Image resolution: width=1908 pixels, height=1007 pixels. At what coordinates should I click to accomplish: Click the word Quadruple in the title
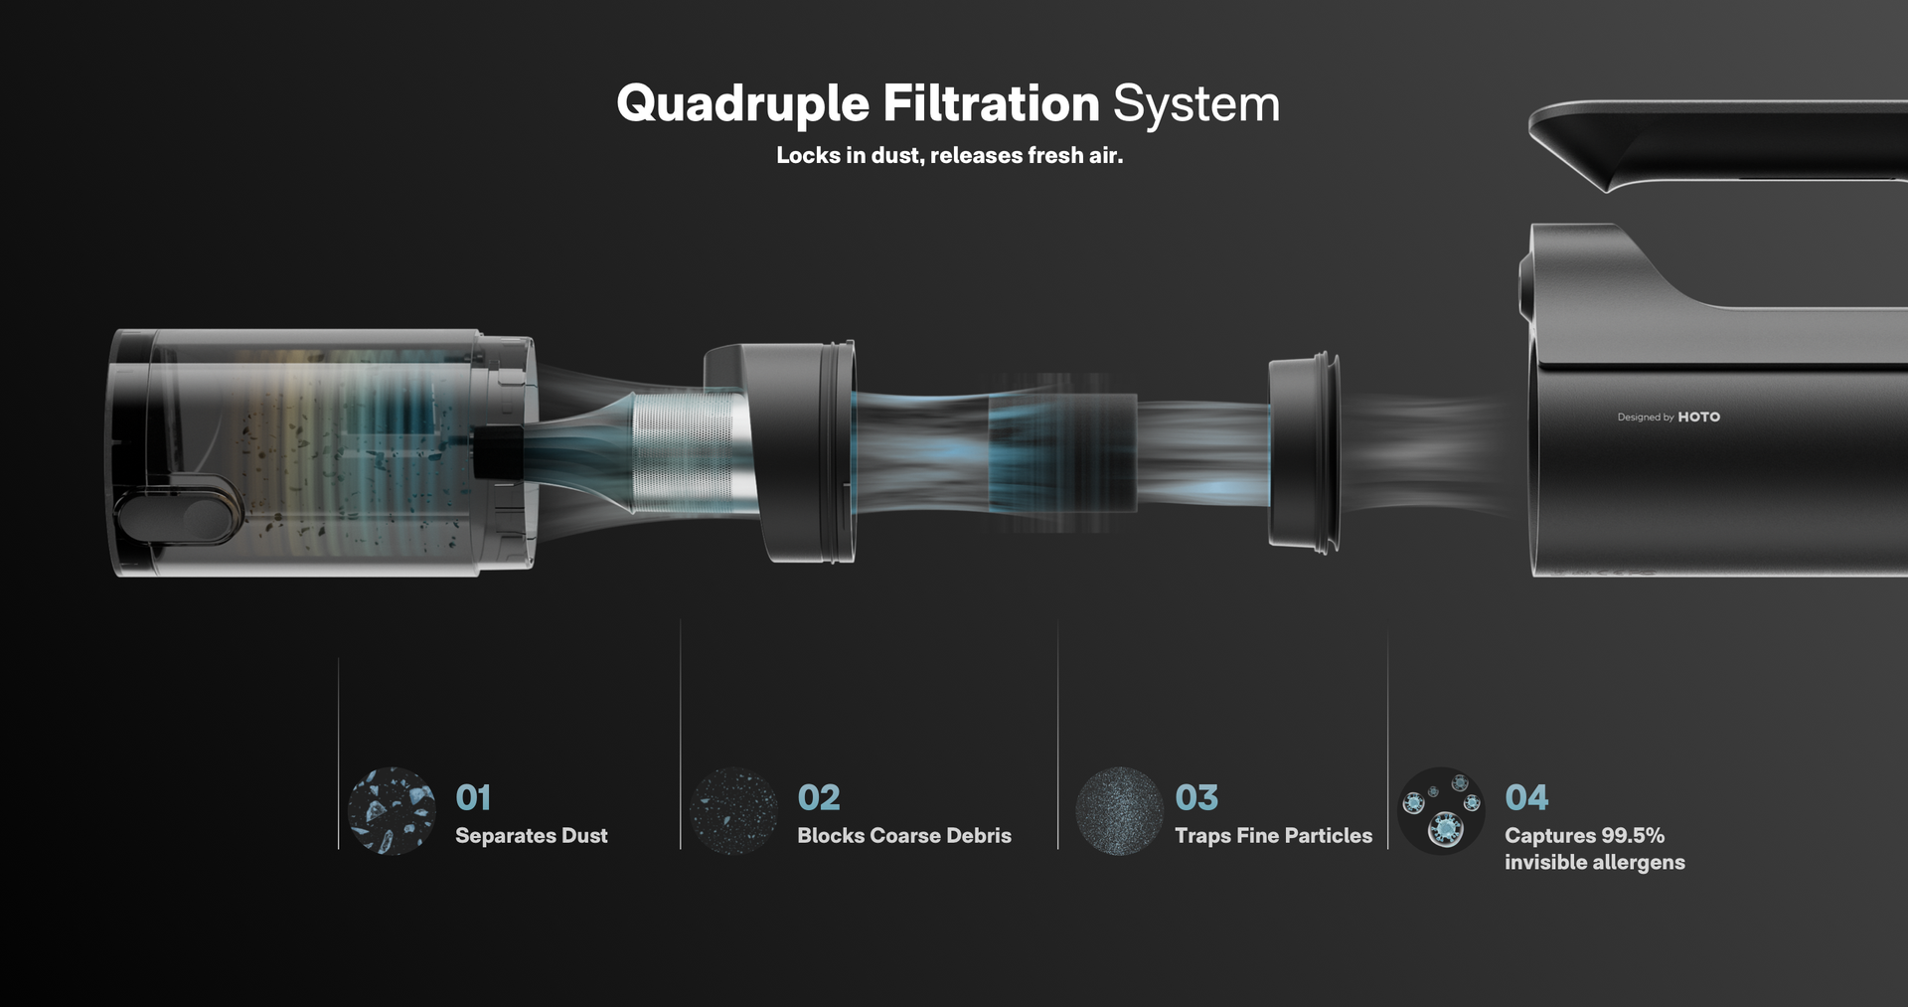[x=742, y=104]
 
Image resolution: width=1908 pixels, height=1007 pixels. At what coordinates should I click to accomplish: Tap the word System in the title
[x=1195, y=104]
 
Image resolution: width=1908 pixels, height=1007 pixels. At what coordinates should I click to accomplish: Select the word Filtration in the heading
[x=991, y=104]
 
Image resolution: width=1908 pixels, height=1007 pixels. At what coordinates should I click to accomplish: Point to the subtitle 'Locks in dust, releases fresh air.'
[x=949, y=156]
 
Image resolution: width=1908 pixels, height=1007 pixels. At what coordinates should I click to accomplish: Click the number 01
[x=473, y=797]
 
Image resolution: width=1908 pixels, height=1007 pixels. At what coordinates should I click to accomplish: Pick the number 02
[x=818, y=797]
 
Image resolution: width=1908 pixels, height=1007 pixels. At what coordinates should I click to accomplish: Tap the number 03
[x=1196, y=797]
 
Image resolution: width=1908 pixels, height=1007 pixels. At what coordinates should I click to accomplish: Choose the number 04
[x=1526, y=797]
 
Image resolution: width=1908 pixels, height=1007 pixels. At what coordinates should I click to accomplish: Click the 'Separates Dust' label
[x=531, y=836]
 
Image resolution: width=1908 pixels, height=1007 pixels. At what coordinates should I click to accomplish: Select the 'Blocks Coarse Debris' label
[x=903, y=836]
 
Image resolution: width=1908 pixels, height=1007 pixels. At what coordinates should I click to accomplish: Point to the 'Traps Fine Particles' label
[x=1273, y=836]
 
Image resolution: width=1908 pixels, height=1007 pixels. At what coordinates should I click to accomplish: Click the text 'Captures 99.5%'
[x=1584, y=836]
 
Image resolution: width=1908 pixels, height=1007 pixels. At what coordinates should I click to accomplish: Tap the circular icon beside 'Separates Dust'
[x=392, y=810]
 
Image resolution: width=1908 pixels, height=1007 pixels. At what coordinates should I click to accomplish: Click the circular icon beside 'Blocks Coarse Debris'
[x=734, y=810]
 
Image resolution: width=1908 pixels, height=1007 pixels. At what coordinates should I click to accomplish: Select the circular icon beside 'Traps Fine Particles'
[x=1119, y=810]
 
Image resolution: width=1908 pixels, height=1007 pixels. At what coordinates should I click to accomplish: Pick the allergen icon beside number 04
[x=1441, y=810]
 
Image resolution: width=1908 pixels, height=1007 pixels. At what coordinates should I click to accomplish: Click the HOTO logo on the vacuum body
[x=1698, y=418]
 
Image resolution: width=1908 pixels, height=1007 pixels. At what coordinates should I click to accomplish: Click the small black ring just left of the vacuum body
[x=1304, y=452]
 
